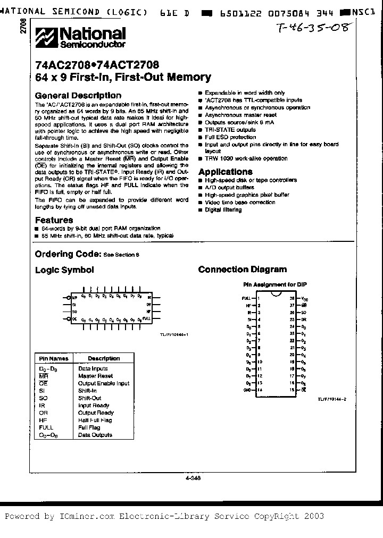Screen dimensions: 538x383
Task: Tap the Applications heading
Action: click(225, 172)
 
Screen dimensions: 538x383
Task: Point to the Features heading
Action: click(54, 220)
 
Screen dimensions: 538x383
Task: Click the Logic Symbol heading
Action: click(64, 270)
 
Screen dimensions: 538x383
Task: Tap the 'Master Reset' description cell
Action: click(96, 376)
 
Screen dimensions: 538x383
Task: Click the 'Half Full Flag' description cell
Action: click(95, 420)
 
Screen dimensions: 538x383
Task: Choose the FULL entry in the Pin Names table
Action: click(46, 427)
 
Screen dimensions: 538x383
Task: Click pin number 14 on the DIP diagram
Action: click(259, 390)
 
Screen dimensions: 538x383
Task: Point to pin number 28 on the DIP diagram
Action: click(292, 299)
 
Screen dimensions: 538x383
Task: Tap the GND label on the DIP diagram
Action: click(247, 390)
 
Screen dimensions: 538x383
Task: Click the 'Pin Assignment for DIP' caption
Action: click(275, 284)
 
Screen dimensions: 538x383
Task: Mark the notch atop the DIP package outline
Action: click(276, 293)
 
